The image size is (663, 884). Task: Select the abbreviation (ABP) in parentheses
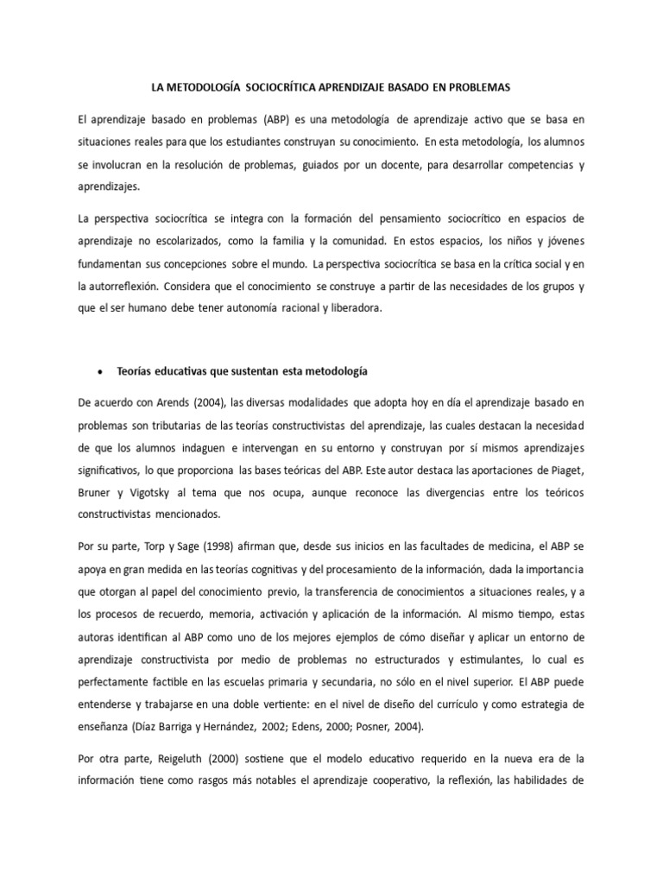pyautogui.click(x=267, y=118)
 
